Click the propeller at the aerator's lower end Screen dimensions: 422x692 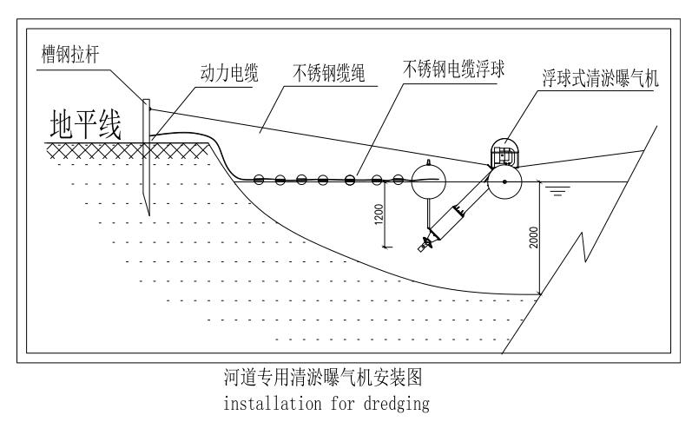[x=425, y=246]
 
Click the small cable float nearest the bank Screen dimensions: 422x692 [x=259, y=181]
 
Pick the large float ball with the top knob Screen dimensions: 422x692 [x=427, y=181]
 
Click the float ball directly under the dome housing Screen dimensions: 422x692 [x=503, y=181]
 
